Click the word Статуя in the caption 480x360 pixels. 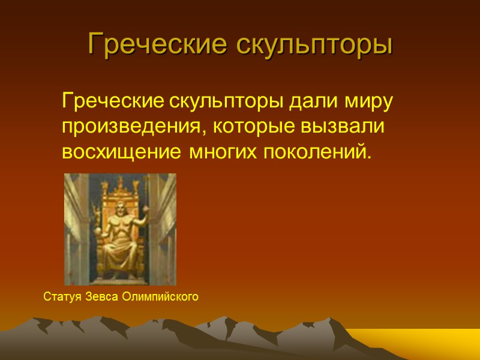coord(62,296)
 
